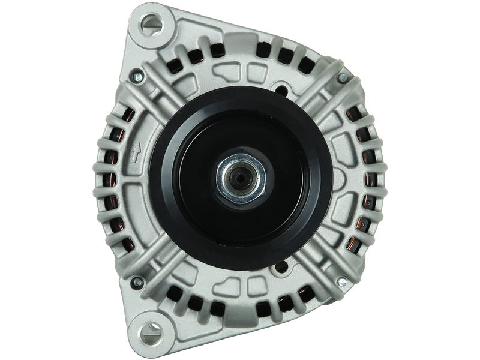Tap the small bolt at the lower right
tap(340, 280)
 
